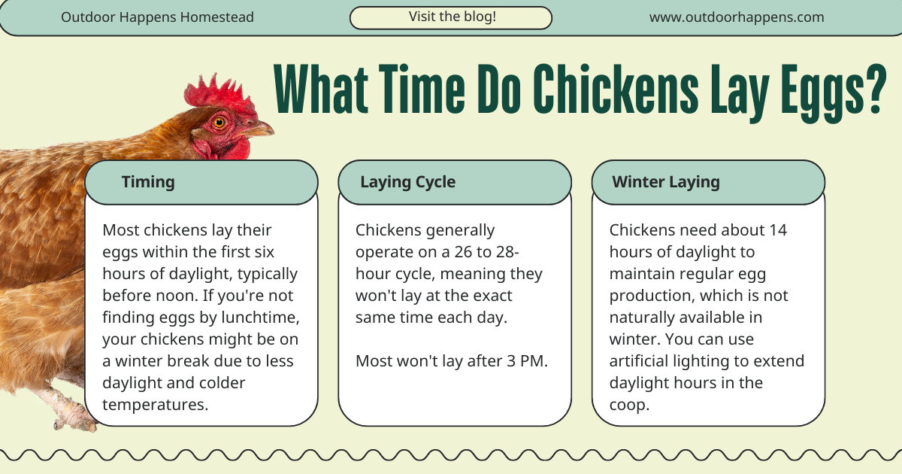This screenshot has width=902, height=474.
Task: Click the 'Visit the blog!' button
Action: click(x=452, y=17)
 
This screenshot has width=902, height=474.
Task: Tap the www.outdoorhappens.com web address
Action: click(x=736, y=17)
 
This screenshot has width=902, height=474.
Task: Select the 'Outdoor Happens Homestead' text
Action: click(x=157, y=17)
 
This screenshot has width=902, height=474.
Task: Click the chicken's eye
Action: click(x=219, y=122)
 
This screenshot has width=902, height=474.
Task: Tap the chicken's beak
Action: click(x=260, y=129)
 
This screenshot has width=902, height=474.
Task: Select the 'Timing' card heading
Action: click(x=148, y=181)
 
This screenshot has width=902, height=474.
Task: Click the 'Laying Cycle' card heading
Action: click(x=407, y=181)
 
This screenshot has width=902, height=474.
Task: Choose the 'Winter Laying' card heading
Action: click(x=666, y=181)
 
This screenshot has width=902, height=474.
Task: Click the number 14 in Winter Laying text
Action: click(x=778, y=229)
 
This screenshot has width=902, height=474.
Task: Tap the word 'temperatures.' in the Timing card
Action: click(x=155, y=405)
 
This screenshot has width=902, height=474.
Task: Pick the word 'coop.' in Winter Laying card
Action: click(x=629, y=405)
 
